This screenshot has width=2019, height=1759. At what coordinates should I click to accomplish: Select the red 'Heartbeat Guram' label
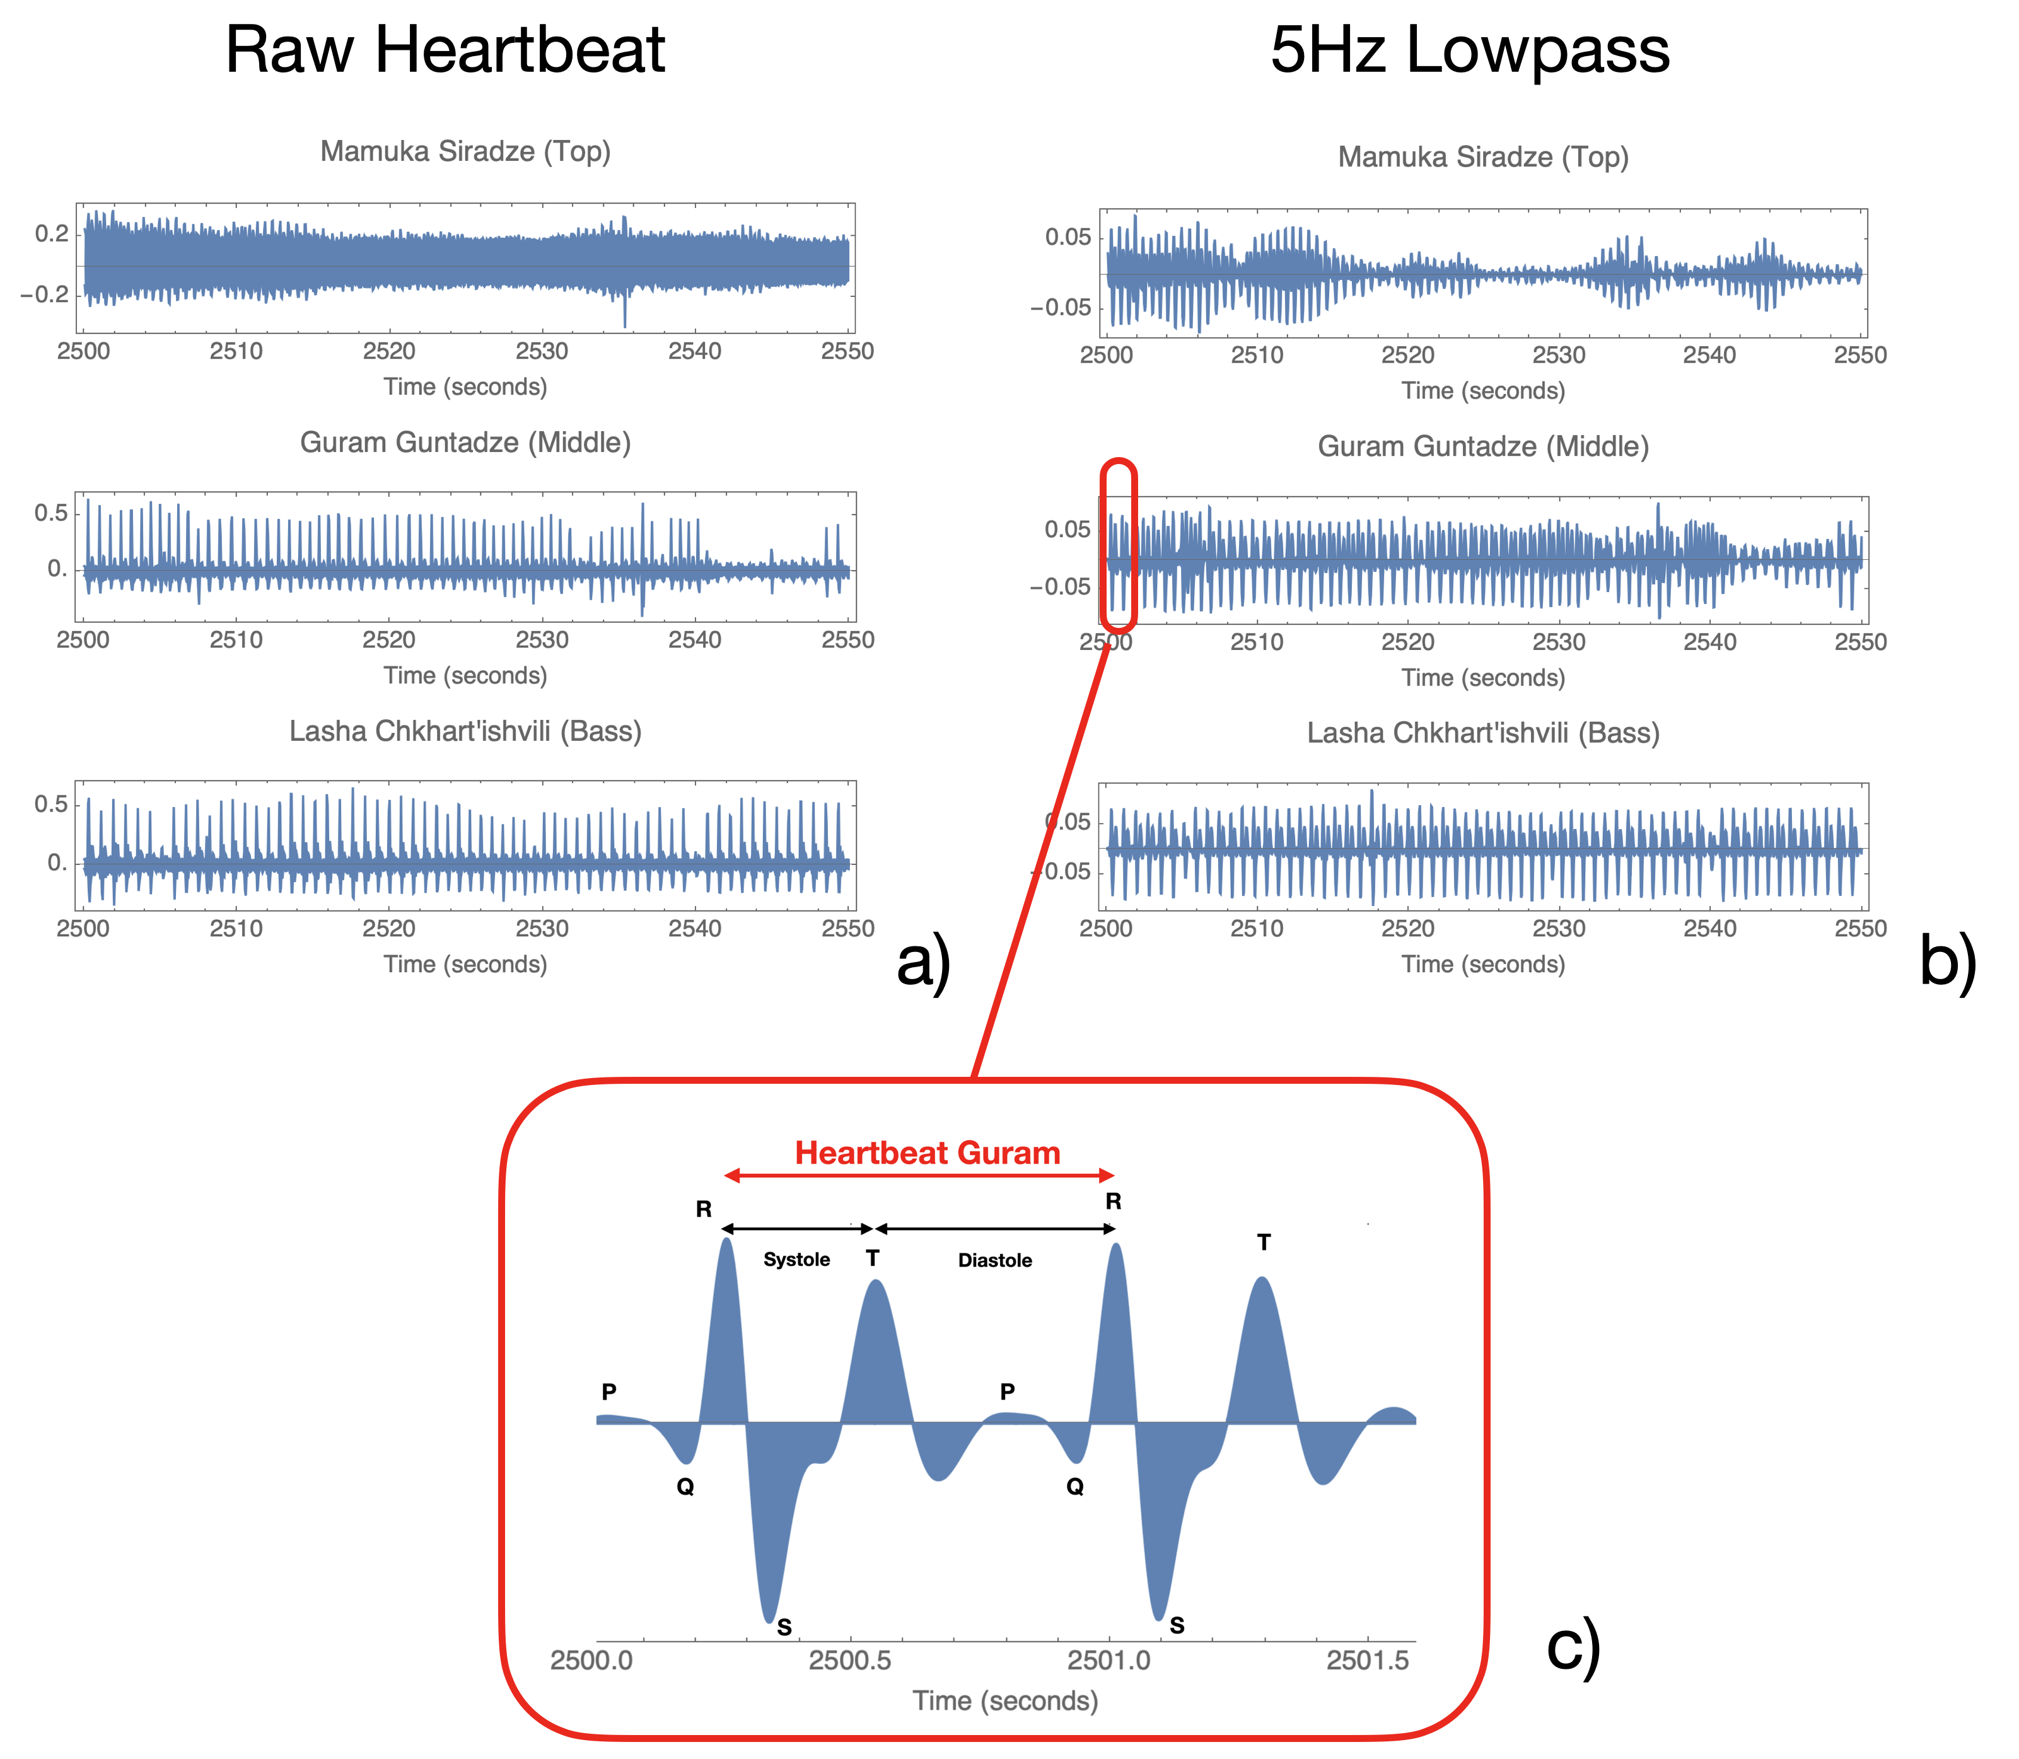click(x=926, y=1152)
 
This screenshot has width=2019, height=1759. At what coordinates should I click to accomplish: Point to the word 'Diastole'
click(x=994, y=1260)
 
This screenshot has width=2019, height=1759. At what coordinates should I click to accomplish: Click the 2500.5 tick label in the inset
click(x=850, y=1661)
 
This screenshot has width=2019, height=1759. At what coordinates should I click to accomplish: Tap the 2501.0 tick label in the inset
click(x=1109, y=1661)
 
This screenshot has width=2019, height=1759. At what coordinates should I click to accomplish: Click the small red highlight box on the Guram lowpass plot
click(x=1118, y=546)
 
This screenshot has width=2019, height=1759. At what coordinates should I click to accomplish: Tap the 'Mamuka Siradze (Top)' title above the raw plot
click(x=465, y=151)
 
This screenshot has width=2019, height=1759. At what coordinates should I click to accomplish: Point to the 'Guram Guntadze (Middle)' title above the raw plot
click(x=465, y=443)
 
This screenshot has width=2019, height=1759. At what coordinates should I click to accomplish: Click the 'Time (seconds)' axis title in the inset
click(x=1005, y=1701)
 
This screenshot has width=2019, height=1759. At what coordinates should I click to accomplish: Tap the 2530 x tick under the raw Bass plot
click(x=542, y=929)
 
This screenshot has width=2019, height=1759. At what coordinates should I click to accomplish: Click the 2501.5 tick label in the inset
click(x=1367, y=1661)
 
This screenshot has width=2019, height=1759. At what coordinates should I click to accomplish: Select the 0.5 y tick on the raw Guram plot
click(x=51, y=513)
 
